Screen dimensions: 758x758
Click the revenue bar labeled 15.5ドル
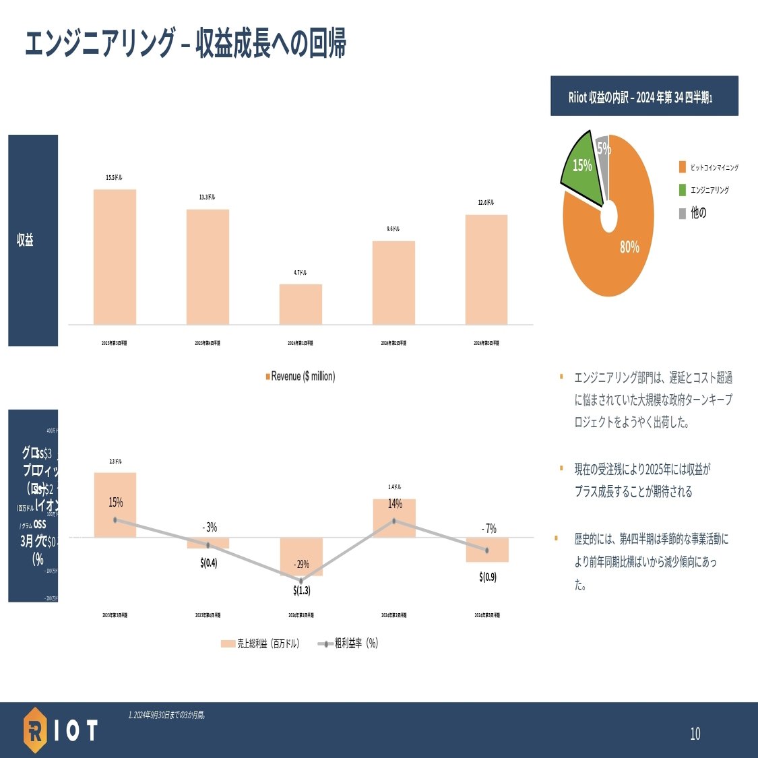tap(115, 257)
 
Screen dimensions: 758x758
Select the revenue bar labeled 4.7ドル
tap(301, 304)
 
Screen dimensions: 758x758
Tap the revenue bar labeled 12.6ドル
tap(486, 270)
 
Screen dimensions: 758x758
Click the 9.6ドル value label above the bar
tap(393, 229)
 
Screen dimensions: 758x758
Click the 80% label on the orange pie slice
tap(629, 247)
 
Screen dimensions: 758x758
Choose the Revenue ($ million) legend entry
tap(301, 376)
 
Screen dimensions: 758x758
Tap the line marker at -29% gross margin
tap(301, 581)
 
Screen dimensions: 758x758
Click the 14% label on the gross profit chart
tap(395, 503)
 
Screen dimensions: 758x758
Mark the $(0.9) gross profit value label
tap(488, 577)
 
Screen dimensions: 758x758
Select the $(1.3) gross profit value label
tap(302, 590)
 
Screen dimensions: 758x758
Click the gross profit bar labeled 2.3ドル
tap(115, 505)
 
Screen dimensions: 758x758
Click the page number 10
tap(695, 734)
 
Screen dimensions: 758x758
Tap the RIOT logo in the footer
tap(61, 730)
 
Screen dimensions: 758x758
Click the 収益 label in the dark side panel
tap(26, 240)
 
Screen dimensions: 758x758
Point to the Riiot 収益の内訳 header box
tap(644, 96)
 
